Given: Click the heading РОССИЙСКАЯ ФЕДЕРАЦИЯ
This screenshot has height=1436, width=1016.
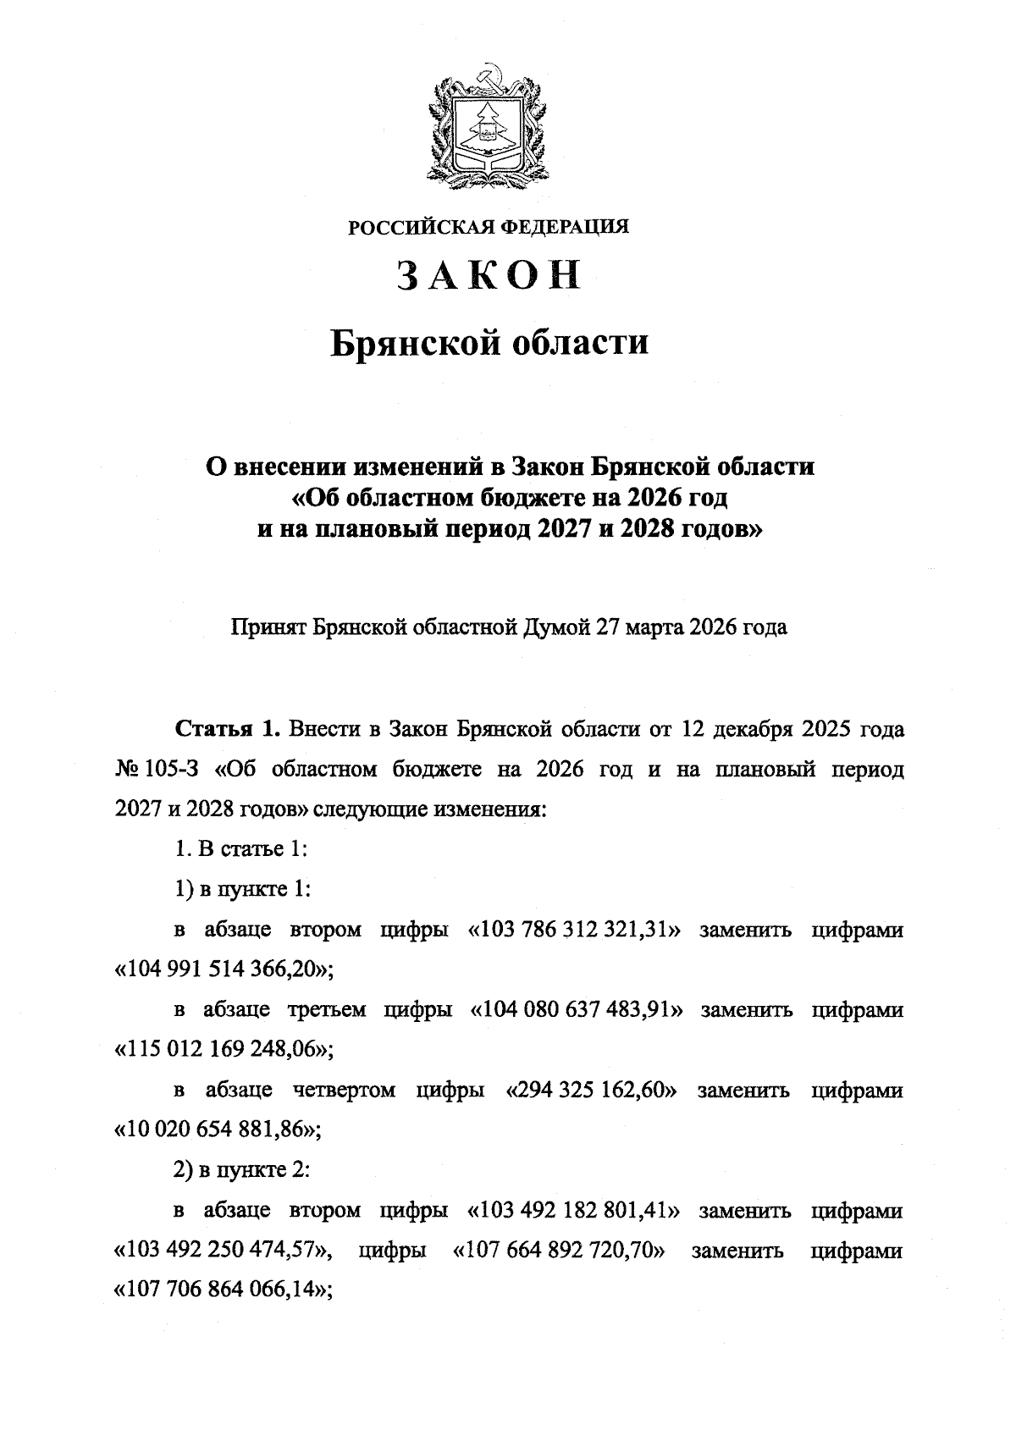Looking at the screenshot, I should pyautogui.click(x=489, y=227).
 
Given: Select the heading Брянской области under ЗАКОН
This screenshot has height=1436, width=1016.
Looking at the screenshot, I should pyautogui.click(x=489, y=343).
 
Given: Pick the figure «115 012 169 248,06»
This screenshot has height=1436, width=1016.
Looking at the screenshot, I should pyautogui.click(x=222, y=1050).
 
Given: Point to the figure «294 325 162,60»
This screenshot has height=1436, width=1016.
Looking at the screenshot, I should pyautogui.click(x=591, y=1091).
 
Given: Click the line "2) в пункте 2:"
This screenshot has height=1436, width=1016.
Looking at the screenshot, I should pyautogui.click(x=229, y=1170).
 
